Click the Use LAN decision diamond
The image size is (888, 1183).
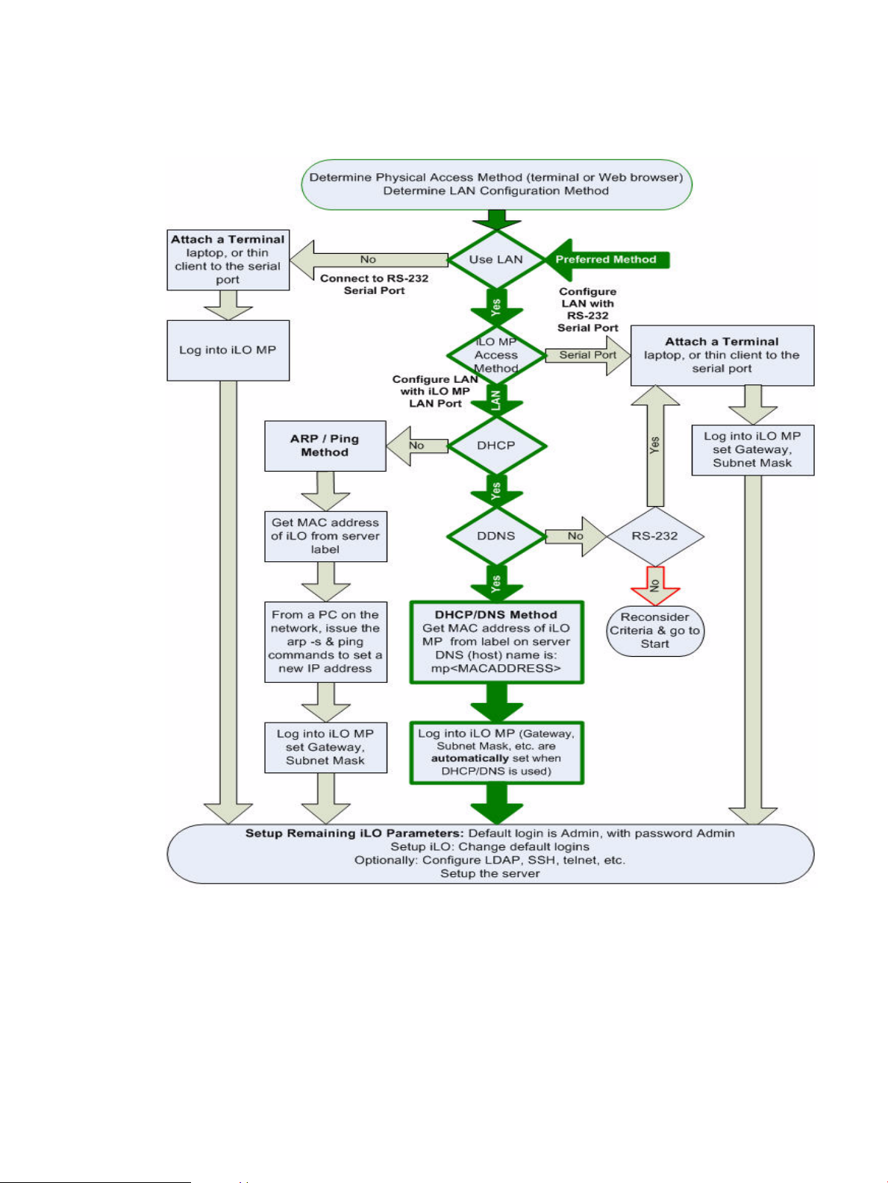tap(495, 259)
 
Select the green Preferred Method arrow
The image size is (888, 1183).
tap(608, 260)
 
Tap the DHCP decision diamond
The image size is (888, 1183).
tap(496, 446)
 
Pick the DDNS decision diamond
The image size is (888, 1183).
tap(496, 536)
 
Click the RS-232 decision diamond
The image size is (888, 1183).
tap(655, 536)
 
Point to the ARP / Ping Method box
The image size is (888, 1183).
tap(325, 446)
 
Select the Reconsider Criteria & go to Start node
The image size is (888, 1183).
tap(655, 631)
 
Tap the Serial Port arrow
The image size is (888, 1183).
tap(588, 355)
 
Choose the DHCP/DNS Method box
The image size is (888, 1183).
tap(497, 643)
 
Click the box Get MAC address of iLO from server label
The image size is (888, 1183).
tap(325, 536)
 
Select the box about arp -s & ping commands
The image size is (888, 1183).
tap(325, 642)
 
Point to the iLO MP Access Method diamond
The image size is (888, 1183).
tap(495, 355)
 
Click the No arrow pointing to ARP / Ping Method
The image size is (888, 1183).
tap(417, 446)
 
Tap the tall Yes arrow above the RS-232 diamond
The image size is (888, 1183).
tap(655, 446)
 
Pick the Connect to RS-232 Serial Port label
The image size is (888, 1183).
tap(375, 284)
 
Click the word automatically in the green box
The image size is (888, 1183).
tap(470, 758)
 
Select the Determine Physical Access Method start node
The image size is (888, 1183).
tap(496, 184)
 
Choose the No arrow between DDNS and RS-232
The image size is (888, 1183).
tap(576, 536)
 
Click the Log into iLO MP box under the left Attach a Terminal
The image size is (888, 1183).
tap(228, 350)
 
